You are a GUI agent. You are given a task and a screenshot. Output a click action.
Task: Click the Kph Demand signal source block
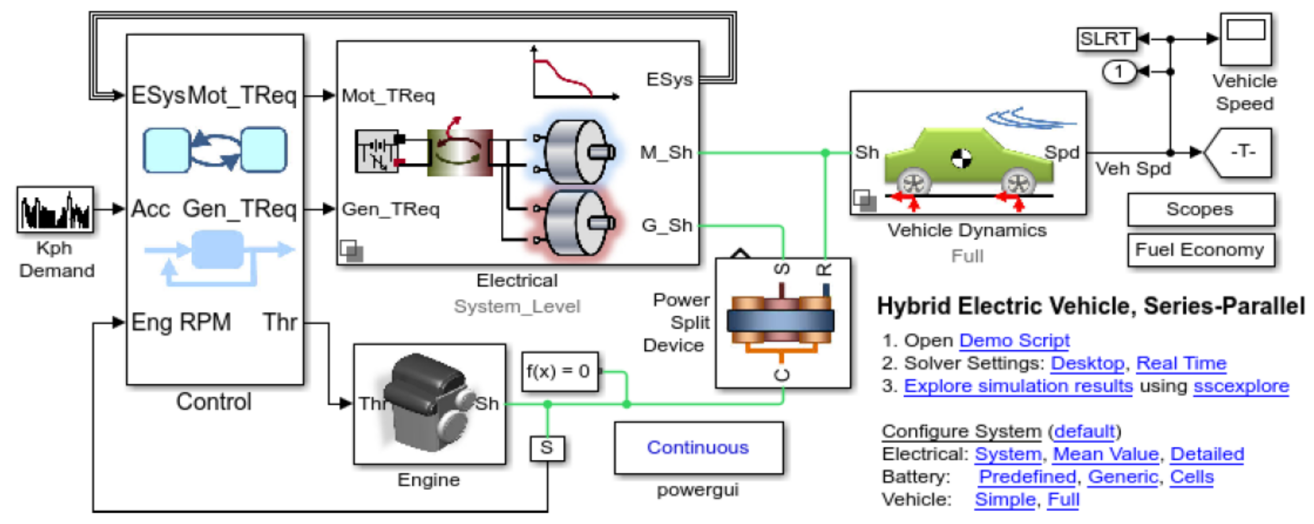[55, 209]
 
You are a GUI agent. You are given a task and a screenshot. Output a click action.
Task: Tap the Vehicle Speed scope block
[1245, 39]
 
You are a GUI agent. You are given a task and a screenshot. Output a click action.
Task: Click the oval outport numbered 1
[1119, 72]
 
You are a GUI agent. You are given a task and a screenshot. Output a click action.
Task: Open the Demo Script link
[1014, 340]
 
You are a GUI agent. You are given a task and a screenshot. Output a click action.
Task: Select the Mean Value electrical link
[1106, 453]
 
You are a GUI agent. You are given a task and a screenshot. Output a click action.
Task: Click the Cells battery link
[1191, 477]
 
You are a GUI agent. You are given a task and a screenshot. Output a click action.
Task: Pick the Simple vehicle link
[1004, 499]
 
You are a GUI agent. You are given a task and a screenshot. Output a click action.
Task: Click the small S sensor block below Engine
[547, 448]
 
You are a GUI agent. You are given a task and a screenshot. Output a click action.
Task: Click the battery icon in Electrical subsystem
[377, 151]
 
